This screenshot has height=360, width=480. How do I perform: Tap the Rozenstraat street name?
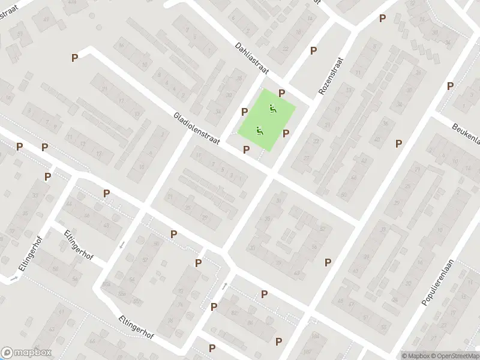tap(331, 76)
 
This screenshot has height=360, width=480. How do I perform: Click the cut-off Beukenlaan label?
tap(466, 131)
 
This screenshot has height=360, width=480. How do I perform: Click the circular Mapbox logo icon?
tap(8, 353)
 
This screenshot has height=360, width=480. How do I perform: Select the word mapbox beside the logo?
tap(32, 353)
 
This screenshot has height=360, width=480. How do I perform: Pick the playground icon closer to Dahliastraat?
tap(272, 109)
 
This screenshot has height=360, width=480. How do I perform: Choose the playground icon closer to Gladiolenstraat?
tap(260, 130)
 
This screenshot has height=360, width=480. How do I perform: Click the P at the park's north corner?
tap(281, 93)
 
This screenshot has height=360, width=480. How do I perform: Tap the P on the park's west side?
tap(244, 112)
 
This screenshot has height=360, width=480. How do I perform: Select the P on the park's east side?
tap(286, 134)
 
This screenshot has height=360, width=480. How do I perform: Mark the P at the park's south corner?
tap(246, 149)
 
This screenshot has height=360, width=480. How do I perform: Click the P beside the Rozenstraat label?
tap(313, 51)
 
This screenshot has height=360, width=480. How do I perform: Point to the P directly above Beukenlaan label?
tap(450, 86)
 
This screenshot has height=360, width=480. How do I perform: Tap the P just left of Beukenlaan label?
tap(398, 143)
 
